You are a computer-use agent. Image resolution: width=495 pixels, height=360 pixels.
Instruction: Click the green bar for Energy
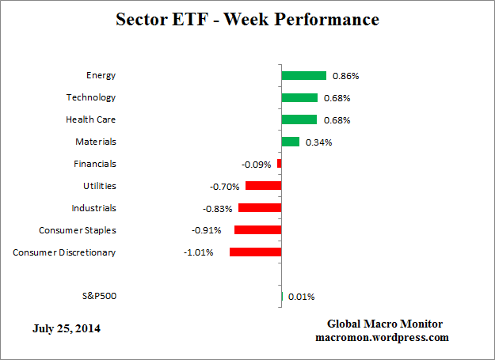pos(303,75)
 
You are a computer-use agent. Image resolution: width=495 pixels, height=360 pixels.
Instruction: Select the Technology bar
pos(299,97)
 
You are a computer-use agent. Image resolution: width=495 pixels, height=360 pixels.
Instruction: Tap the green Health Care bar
pos(299,119)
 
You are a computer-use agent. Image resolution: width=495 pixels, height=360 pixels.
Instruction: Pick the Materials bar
pos(290,142)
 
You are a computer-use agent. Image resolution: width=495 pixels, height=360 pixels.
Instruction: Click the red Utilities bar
pos(263,186)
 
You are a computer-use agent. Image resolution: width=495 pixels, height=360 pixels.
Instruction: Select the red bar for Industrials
pos(260,208)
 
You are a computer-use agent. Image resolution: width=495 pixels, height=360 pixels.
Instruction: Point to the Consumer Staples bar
pos(257,230)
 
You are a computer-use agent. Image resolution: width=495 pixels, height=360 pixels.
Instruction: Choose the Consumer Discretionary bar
pos(255,252)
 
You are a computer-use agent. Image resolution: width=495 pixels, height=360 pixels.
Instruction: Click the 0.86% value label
pos(345,76)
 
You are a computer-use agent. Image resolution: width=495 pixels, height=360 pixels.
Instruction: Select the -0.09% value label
pos(256,165)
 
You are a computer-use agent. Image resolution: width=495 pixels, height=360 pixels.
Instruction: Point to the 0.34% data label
pos(318,142)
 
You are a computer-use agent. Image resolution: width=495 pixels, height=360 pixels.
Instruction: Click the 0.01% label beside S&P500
pos(301,297)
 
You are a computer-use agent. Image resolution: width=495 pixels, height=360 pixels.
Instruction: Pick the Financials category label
pos(94,164)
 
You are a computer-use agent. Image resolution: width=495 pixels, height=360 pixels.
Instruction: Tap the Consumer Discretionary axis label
pos(64,252)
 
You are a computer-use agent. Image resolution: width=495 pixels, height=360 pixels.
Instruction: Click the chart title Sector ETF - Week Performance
pos(246,19)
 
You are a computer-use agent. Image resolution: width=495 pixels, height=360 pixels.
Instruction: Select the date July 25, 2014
pos(67,328)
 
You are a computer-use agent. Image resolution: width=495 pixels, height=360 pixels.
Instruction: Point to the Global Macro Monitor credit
pos(384,324)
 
